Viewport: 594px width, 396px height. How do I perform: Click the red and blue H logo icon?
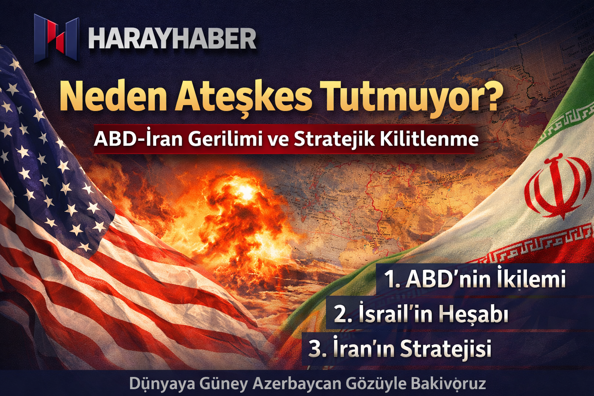(x=57, y=38)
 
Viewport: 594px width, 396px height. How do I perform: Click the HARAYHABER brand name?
(x=172, y=39)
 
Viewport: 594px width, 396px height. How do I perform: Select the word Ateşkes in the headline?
(x=243, y=97)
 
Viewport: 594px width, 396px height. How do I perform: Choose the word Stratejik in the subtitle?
(x=335, y=140)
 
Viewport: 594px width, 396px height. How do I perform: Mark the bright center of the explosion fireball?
(x=243, y=190)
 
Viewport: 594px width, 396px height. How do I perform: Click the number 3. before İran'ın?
(x=317, y=349)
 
